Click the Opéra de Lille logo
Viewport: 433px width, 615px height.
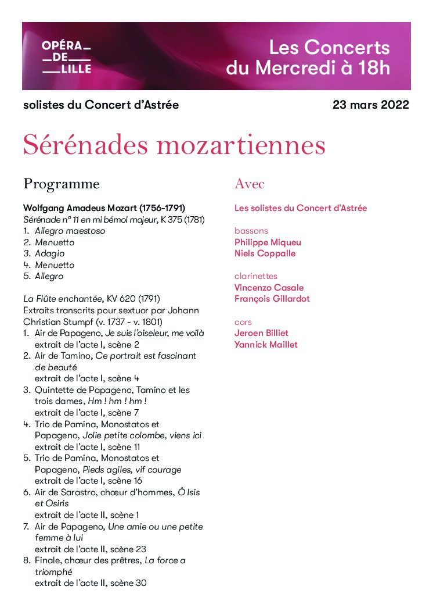tap(67, 57)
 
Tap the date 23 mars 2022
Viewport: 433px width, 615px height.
tap(370, 105)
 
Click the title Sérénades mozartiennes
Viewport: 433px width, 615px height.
tap(174, 145)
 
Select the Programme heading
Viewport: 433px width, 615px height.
tap(61, 184)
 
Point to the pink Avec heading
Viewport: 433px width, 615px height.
tap(250, 184)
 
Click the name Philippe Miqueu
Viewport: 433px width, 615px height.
tap(268, 242)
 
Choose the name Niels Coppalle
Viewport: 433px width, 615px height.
tap(265, 253)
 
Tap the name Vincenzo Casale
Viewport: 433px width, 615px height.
tap(269, 288)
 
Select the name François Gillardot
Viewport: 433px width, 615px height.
tap(272, 299)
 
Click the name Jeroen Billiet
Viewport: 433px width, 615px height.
tap(261, 333)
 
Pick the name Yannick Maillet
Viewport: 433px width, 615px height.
tap(266, 345)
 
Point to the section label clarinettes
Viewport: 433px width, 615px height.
tap(256, 276)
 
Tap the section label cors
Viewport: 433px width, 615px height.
tap(243, 322)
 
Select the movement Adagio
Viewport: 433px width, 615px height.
tap(50, 253)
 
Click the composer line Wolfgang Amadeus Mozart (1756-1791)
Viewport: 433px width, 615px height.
tap(104, 208)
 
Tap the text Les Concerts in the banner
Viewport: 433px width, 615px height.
tap(330, 47)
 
